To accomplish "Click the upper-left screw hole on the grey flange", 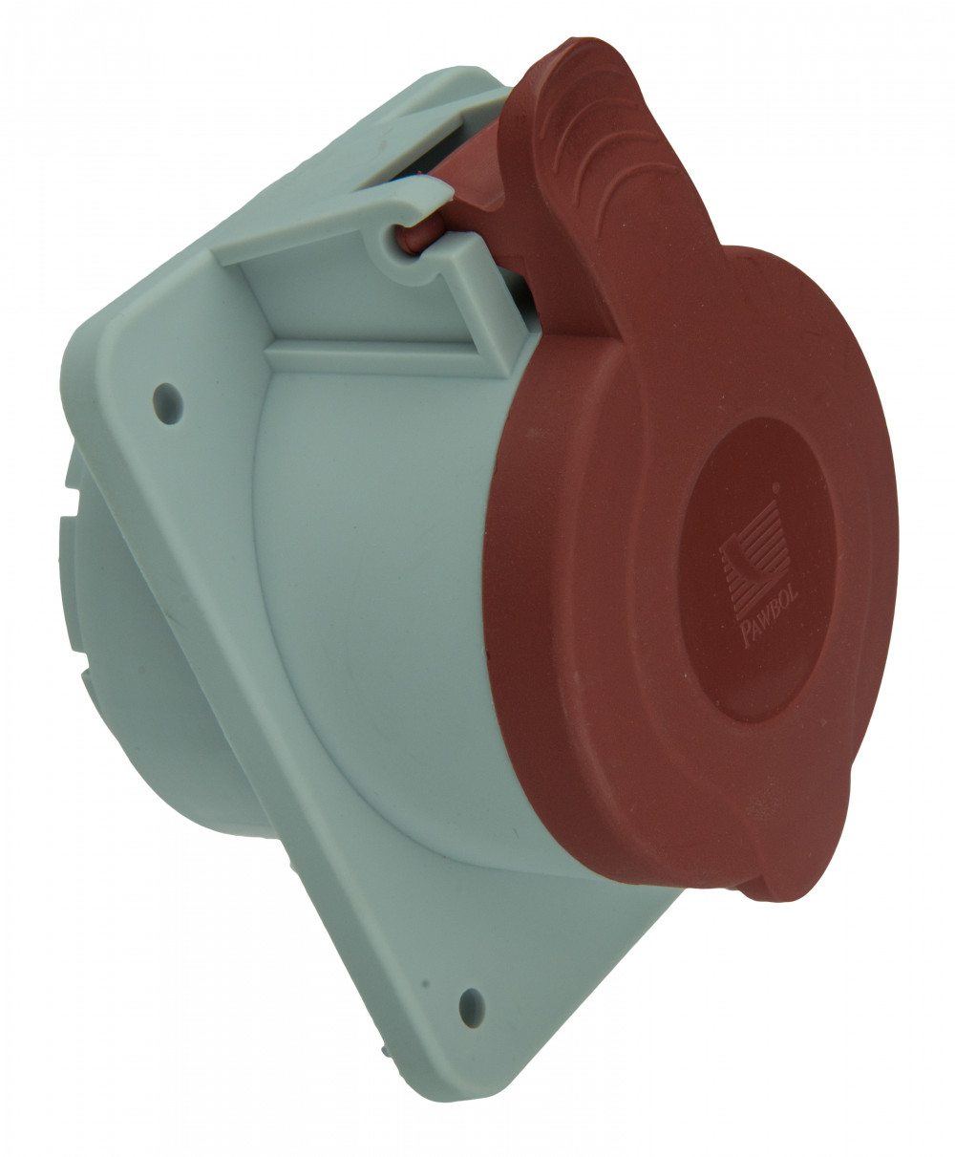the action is point(168,403).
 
